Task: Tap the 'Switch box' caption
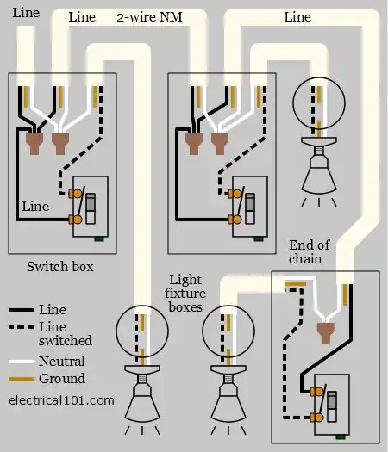(60, 267)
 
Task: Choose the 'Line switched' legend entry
(66, 334)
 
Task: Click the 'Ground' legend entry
(61, 379)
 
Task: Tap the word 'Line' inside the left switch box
(35, 207)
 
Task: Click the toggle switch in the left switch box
(91, 207)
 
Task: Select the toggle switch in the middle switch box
(250, 207)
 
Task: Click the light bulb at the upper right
(316, 172)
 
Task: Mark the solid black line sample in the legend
(21, 310)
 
